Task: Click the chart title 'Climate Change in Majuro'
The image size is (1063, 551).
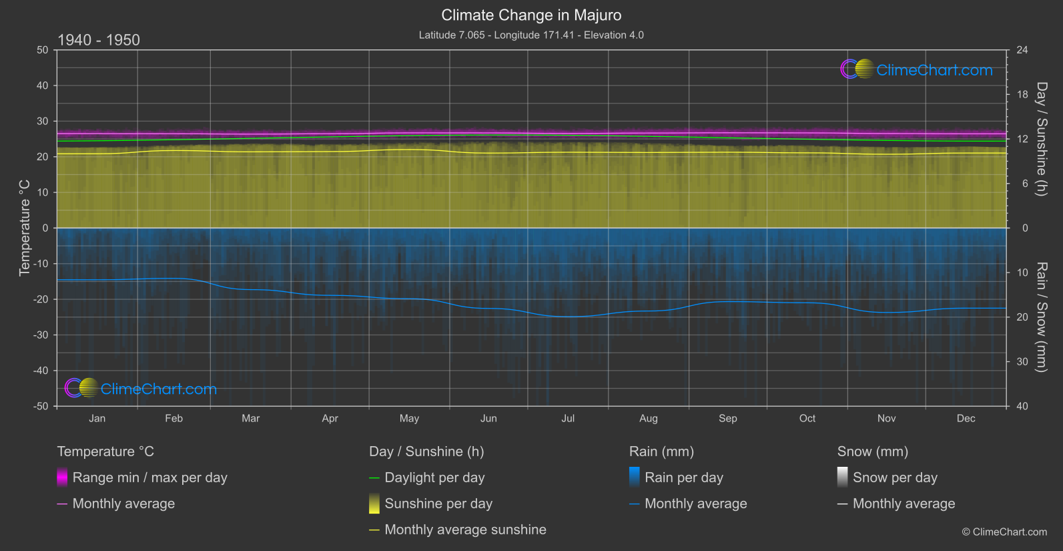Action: pos(531,15)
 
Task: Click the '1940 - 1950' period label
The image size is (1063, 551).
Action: pos(99,40)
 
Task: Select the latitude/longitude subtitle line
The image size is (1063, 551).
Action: pos(531,35)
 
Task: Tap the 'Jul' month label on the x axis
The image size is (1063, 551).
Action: pos(568,419)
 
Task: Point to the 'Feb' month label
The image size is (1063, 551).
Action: pos(173,419)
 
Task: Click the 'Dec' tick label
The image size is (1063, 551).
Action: pos(966,419)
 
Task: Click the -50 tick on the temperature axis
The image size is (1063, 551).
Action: pos(42,406)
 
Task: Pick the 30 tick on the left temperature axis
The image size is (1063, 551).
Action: pos(43,122)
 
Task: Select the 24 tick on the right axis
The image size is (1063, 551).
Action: pos(1022,50)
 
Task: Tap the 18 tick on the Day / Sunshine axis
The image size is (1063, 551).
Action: pos(1022,95)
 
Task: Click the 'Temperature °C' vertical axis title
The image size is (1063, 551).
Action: pos(25,228)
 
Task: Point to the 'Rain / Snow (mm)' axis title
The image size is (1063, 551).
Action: pos(1041,317)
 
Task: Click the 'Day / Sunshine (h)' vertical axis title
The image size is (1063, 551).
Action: pos(1041,139)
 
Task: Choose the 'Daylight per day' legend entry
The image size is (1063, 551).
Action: pos(434,478)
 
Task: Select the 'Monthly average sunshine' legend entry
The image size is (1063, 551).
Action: pos(465,530)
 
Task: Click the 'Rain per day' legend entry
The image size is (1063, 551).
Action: pos(683,478)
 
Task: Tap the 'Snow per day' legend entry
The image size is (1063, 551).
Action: pos(895,478)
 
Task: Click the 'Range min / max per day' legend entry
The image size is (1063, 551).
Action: pos(149,478)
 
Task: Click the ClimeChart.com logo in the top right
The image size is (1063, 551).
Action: pos(917,69)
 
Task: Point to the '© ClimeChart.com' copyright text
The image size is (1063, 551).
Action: pos(1004,532)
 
